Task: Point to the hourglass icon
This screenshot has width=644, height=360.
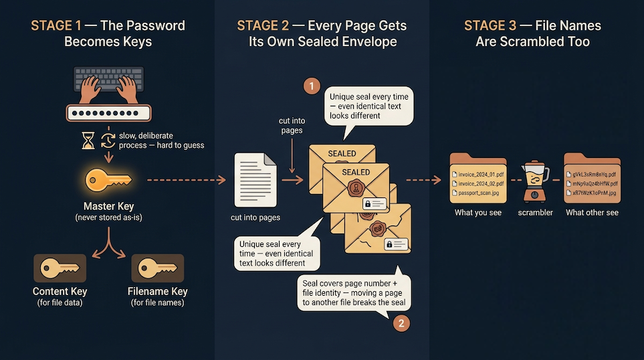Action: click(x=87, y=141)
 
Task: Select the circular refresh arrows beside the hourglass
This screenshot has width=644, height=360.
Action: click(x=108, y=141)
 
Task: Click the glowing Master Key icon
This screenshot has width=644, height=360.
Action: click(x=108, y=179)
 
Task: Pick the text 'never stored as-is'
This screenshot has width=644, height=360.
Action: click(x=108, y=217)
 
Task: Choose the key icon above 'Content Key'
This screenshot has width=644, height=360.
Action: click(x=60, y=268)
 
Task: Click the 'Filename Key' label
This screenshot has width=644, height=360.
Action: click(x=157, y=291)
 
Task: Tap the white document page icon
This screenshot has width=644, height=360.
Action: click(x=255, y=179)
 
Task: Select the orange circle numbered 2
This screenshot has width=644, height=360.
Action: click(x=400, y=323)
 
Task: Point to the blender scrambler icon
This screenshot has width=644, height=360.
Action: click(x=535, y=179)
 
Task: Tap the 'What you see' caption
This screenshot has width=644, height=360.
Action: click(x=477, y=213)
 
